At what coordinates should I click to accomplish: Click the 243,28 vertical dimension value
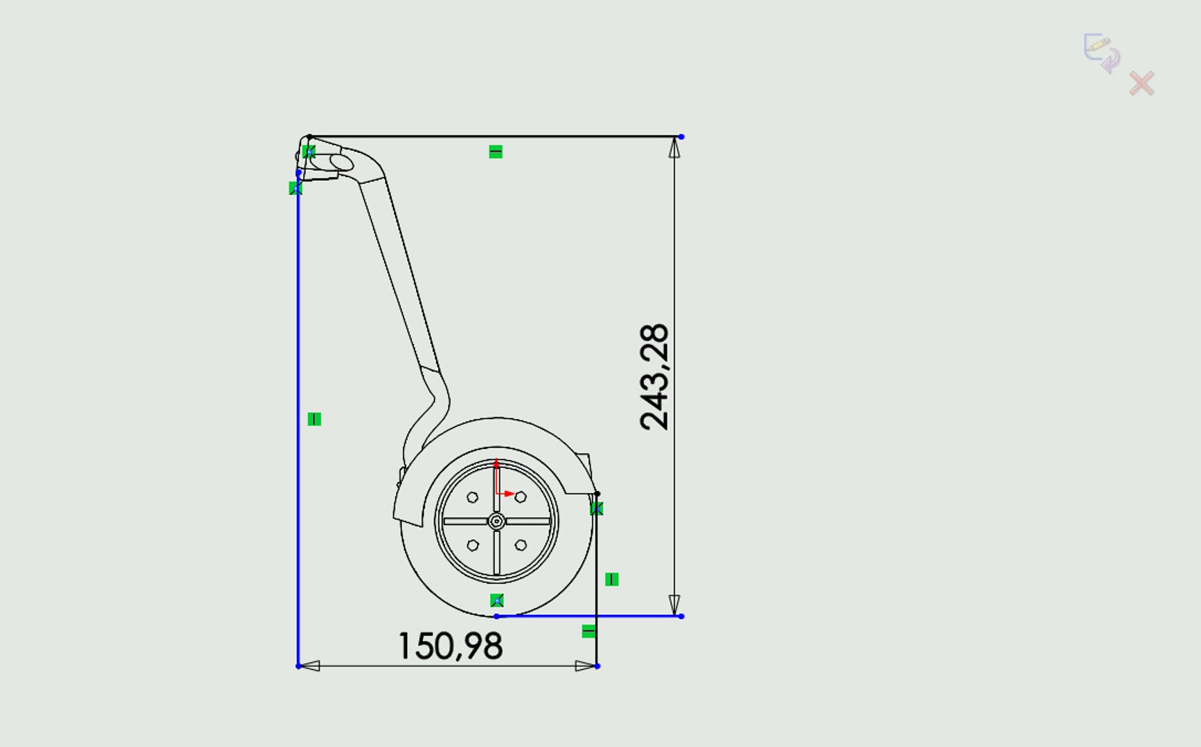[655, 378]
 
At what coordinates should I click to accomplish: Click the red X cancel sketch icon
[1141, 84]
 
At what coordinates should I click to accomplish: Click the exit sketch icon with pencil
[1101, 53]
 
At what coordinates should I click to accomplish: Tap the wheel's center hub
[496, 521]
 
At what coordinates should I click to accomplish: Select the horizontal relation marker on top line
[496, 151]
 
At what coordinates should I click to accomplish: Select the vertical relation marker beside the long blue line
[314, 419]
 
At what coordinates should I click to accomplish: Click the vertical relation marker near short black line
[612, 580]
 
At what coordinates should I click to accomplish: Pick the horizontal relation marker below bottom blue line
[588, 631]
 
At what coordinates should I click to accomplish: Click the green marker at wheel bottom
[497, 600]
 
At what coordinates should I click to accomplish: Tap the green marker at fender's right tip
[597, 509]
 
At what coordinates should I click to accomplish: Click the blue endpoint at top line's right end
[681, 137]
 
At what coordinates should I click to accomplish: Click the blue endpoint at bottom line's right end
[681, 616]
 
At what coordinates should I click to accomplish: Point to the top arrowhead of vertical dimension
[674, 147]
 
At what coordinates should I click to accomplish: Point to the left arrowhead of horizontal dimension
[309, 666]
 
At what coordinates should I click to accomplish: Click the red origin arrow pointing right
[509, 494]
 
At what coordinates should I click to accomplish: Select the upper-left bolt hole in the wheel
[473, 497]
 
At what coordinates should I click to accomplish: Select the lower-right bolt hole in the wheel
[521, 545]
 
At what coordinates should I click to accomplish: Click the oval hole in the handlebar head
[341, 163]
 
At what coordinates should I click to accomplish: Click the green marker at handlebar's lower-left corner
[296, 188]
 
